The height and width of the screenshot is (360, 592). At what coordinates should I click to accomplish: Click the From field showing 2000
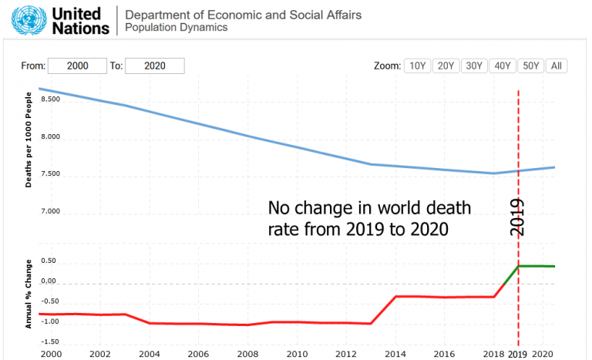click(77, 66)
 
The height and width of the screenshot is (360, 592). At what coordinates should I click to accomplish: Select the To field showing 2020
click(154, 66)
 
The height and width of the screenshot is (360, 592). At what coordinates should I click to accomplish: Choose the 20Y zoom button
click(446, 66)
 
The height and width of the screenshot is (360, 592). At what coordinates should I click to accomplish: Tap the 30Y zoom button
click(474, 66)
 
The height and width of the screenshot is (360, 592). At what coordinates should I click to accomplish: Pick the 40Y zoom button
click(503, 66)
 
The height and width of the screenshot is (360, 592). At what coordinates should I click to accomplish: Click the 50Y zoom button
click(530, 66)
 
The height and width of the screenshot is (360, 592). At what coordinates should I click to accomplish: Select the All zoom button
click(556, 66)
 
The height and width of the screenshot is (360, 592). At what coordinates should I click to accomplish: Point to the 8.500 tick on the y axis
click(50, 99)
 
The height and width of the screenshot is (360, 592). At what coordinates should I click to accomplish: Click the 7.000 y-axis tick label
click(50, 211)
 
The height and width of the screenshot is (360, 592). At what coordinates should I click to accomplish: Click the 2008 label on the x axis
click(247, 353)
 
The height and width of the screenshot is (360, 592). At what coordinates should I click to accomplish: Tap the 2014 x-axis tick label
click(395, 353)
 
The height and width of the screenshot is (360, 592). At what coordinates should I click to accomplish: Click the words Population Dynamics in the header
click(177, 28)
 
